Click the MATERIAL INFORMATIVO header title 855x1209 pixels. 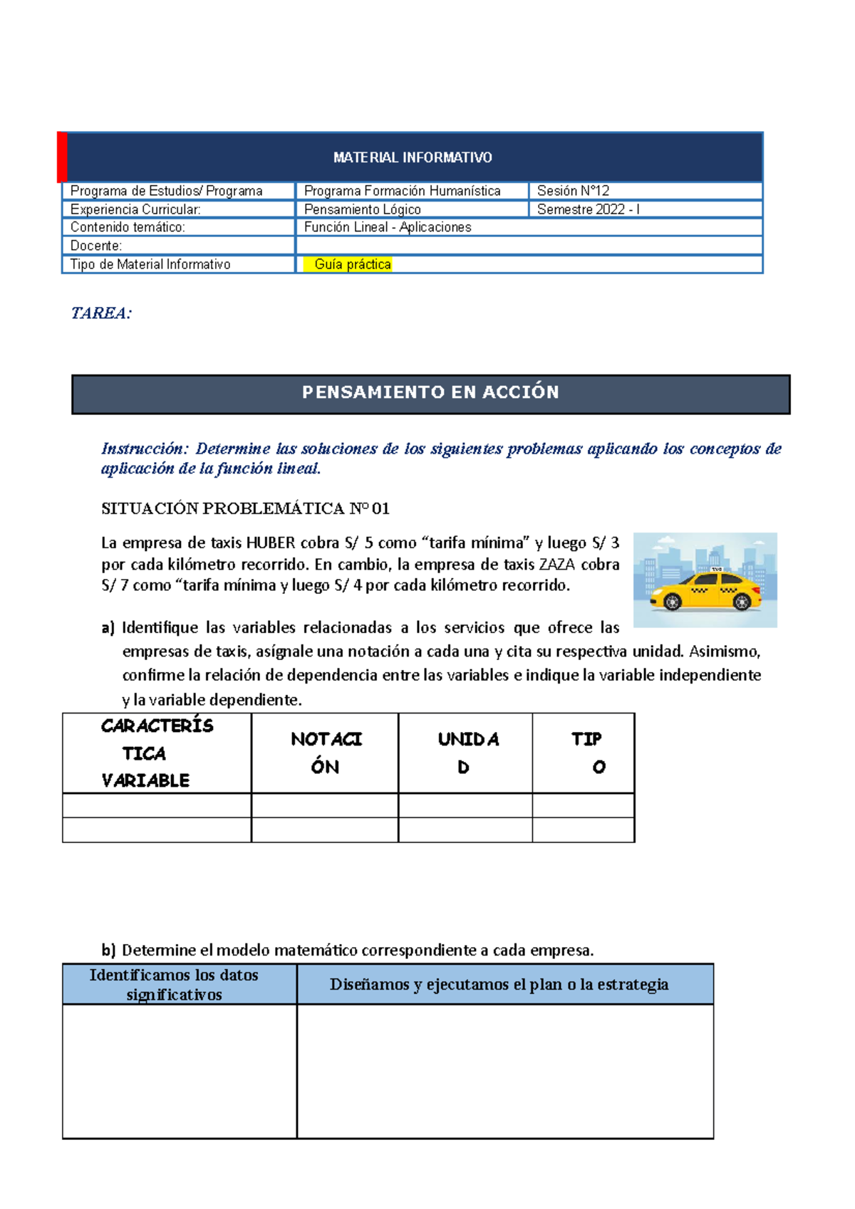(413, 157)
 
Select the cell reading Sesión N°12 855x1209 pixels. (573, 191)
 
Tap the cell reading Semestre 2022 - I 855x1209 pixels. (588, 209)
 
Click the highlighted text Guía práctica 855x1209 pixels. (353, 264)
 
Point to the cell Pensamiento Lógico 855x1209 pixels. (362, 209)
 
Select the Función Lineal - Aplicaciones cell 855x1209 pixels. (388, 227)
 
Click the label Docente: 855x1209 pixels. (96, 246)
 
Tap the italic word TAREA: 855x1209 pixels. (101, 313)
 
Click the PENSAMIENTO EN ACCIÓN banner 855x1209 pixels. (430, 393)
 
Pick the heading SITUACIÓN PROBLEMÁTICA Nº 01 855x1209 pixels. (245, 508)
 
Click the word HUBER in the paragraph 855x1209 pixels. (270, 543)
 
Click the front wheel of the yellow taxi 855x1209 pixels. (672, 602)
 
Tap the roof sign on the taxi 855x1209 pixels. (717, 569)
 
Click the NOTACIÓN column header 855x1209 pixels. (326, 753)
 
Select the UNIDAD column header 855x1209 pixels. (467, 753)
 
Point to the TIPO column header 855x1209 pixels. (586, 753)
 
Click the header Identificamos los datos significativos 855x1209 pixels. (174, 985)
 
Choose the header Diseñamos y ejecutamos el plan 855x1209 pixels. (499, 985)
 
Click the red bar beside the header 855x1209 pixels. (63, 157)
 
